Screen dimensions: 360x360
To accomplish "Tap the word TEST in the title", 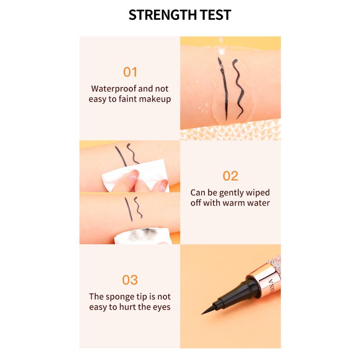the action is [215, 15].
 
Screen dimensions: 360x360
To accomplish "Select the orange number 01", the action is [130, 72].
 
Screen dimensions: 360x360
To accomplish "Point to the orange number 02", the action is [230, 176].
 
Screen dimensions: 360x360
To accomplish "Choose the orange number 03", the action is [130, 280].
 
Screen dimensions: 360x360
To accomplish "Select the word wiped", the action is [258, 193].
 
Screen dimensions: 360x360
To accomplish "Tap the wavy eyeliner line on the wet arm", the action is [238, 89].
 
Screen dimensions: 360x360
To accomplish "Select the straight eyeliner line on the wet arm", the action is [223, 89].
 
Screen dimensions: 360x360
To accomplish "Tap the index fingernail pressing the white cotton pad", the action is [134, 175].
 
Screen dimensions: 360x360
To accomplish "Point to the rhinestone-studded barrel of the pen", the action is [275, 264].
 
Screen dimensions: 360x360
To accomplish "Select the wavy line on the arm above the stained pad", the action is [138, 207].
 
